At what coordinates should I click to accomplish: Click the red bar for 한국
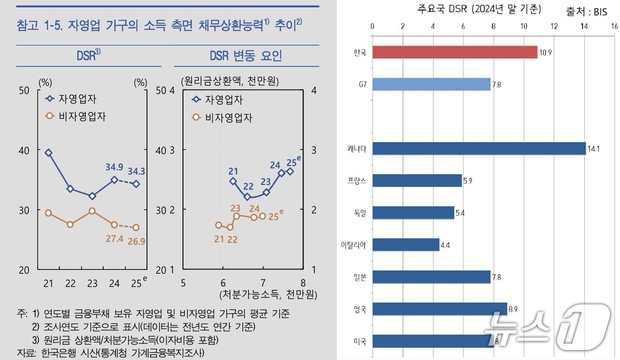[455, 52]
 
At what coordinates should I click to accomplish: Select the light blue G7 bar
[431, 84]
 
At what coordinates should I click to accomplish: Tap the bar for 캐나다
[479, 148]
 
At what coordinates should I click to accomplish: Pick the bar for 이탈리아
[406, 245]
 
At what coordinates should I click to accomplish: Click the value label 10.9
[546, 53]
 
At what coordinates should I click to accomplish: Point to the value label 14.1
[593, 149]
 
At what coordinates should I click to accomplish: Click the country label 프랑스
[357, 181]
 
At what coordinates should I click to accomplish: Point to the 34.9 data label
[114, 167]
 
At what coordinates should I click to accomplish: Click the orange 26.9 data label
[136, 241]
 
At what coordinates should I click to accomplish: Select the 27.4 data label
[114, 239]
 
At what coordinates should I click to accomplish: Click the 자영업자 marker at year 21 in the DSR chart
[48, 153]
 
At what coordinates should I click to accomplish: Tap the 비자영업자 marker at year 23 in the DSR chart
[92, 211]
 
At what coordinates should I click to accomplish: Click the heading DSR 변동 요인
[246, 56]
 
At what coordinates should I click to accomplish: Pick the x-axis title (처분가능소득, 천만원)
[268, 295]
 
